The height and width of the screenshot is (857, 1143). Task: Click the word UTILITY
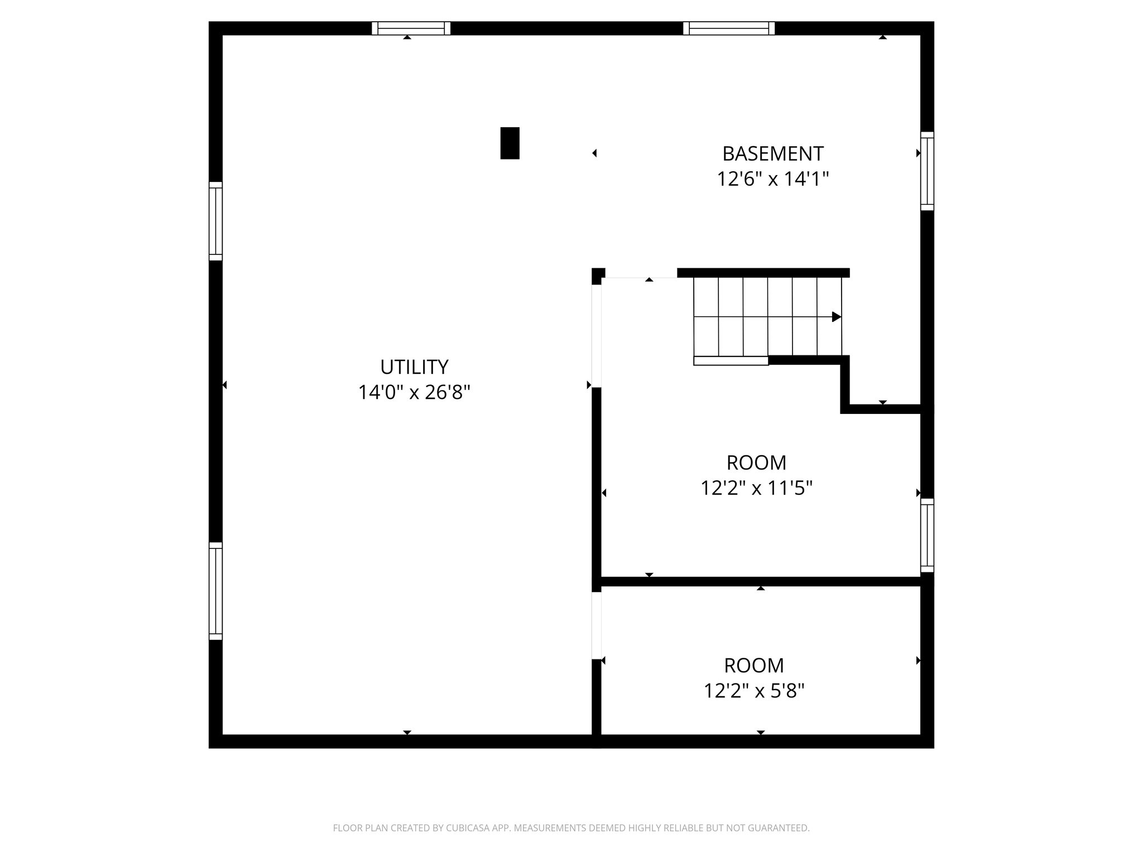click(x=414, y=367)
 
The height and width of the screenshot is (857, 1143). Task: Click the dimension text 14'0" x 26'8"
click(x=414, y=393)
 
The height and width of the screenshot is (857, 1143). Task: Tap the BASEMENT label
click(x=772, y=153)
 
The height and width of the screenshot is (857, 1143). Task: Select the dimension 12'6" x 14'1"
click(x=772, y=179)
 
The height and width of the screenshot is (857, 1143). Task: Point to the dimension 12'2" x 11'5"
click(x=756, y=489)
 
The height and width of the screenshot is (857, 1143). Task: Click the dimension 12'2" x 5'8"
click(x=753, y=691)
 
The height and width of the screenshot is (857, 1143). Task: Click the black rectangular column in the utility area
click(x=510, y=143)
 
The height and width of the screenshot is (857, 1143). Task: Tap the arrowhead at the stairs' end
click(x=836, y=317)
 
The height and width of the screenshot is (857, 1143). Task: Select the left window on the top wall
click(x=411, y=28)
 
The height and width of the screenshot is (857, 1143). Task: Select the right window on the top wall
click(x=729, y=28)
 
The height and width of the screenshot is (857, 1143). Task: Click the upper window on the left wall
click(x=215, y=221)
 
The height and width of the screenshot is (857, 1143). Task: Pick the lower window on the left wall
click(x=215, y=591)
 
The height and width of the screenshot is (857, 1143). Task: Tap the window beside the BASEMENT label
click(x=926, y=171)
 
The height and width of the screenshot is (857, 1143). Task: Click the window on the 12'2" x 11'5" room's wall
click(x=926, y=535)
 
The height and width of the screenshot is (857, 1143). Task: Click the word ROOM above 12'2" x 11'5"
click(x=756, y=463)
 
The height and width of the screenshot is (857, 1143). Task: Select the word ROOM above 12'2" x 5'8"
click(x=753, y=666)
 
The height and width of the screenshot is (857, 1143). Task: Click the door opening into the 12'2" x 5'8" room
click(x=597, y=625)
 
